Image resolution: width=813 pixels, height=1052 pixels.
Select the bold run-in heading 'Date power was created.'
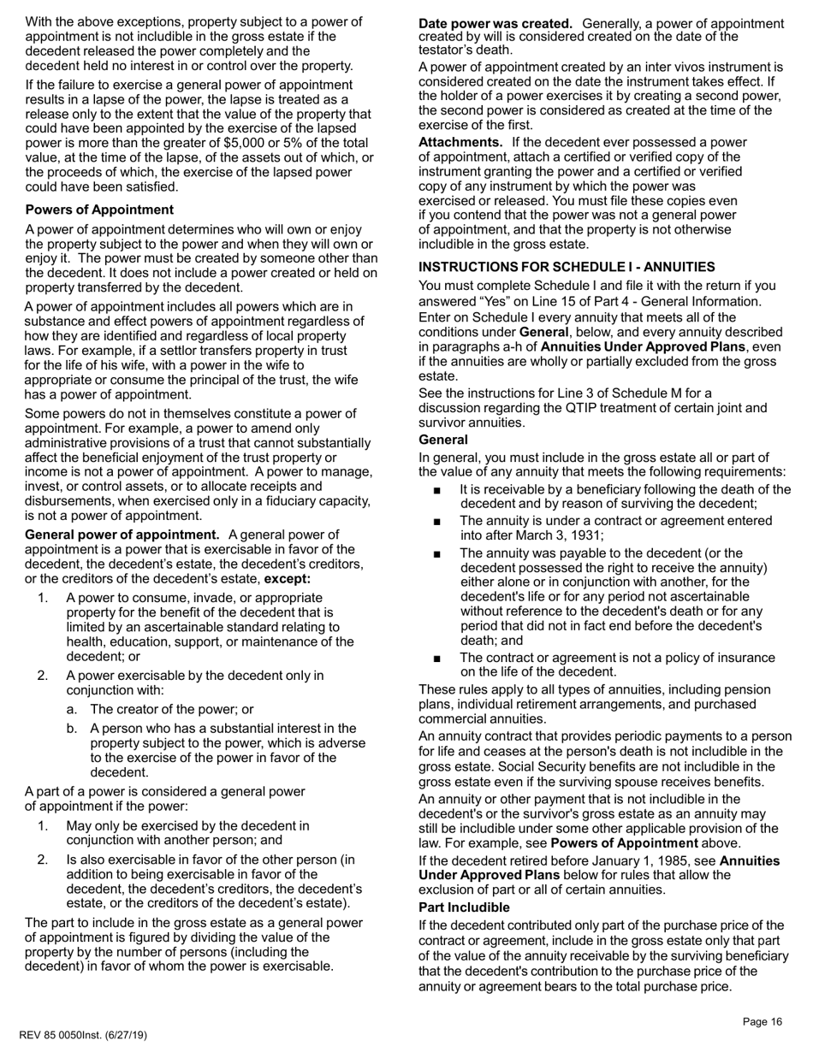(x=496, y=23)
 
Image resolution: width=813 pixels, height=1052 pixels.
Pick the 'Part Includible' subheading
(x=464, y=907)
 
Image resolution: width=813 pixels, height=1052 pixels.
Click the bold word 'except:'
(x=288, y=579)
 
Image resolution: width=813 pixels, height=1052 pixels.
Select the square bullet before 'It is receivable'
(x=437, y=490)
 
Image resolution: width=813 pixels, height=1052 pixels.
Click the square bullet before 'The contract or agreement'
(x=437, y=658)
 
